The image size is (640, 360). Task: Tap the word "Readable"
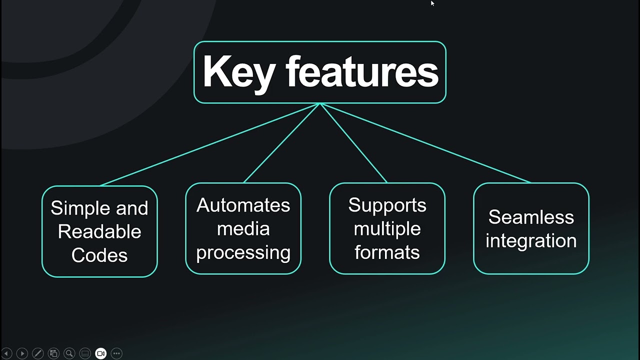[99, 231]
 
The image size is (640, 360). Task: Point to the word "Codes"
[99, 255]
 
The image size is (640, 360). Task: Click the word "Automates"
[243, 205]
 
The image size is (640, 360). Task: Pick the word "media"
[243, 228]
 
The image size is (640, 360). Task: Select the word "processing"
[243, 252]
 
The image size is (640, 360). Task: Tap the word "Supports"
[387, 205]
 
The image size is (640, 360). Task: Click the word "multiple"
[387, 228]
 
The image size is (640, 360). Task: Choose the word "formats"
[387, 252]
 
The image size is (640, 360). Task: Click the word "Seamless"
[531, 217]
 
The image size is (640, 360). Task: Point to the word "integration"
[531, 240]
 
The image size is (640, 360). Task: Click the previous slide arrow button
[6, 353]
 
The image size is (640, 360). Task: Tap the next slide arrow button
[22, 353]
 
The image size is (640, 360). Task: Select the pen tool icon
[37, 353]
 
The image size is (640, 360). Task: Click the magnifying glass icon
[69, 353]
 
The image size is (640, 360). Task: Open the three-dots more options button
[116, 353]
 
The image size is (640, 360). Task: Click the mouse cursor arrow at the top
[432, 3]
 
